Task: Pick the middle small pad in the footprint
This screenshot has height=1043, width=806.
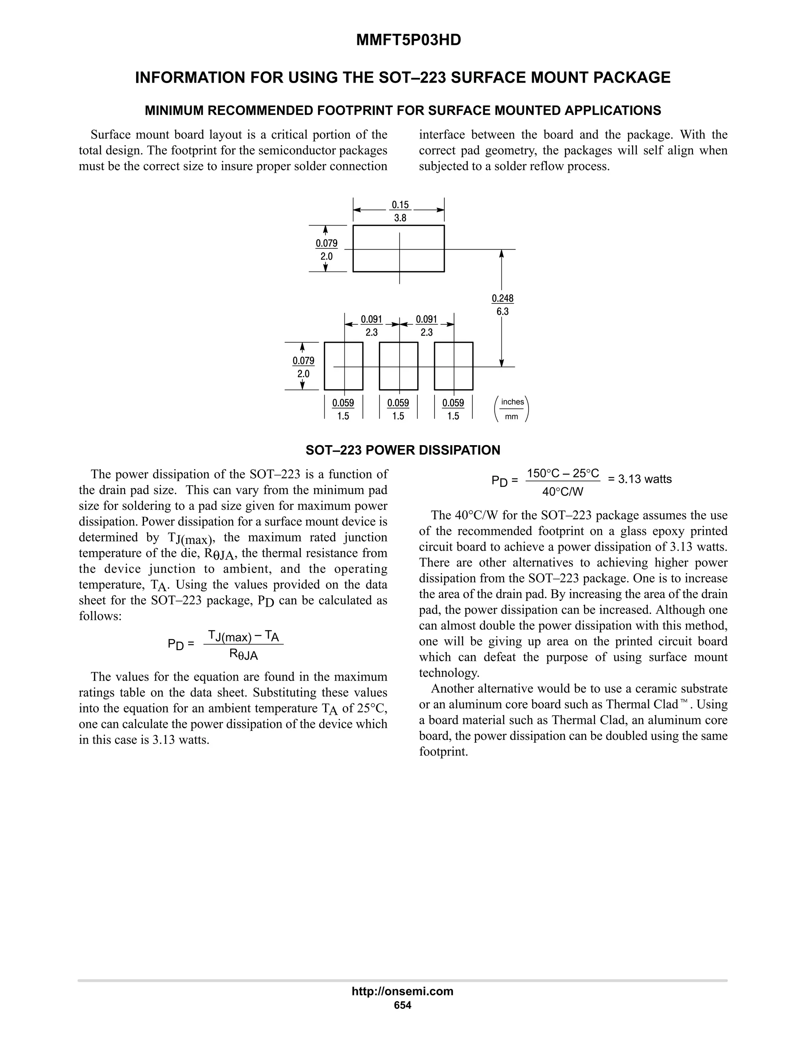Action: [x=398, y=366]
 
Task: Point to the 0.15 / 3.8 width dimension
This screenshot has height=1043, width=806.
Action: [x=400, y=211]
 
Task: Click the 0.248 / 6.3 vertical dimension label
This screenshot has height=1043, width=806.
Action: [x=502, y=305]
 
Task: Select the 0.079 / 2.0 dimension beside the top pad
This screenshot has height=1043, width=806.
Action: [x=327, y=249]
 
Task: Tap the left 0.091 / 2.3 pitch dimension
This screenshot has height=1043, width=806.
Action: [x=372, y=325]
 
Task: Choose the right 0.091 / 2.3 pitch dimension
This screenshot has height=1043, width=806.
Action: [x=426, y=325]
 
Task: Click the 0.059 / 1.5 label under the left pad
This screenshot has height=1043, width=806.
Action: [x=343, y=409]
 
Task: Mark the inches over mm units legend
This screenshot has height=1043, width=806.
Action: [x=512, y=409]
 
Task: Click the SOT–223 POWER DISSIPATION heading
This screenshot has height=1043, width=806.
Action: [x=403, y=450]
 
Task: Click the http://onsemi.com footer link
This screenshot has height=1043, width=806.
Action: [x=403, y=991]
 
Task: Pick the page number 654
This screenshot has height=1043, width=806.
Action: [x=403, y=1005]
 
